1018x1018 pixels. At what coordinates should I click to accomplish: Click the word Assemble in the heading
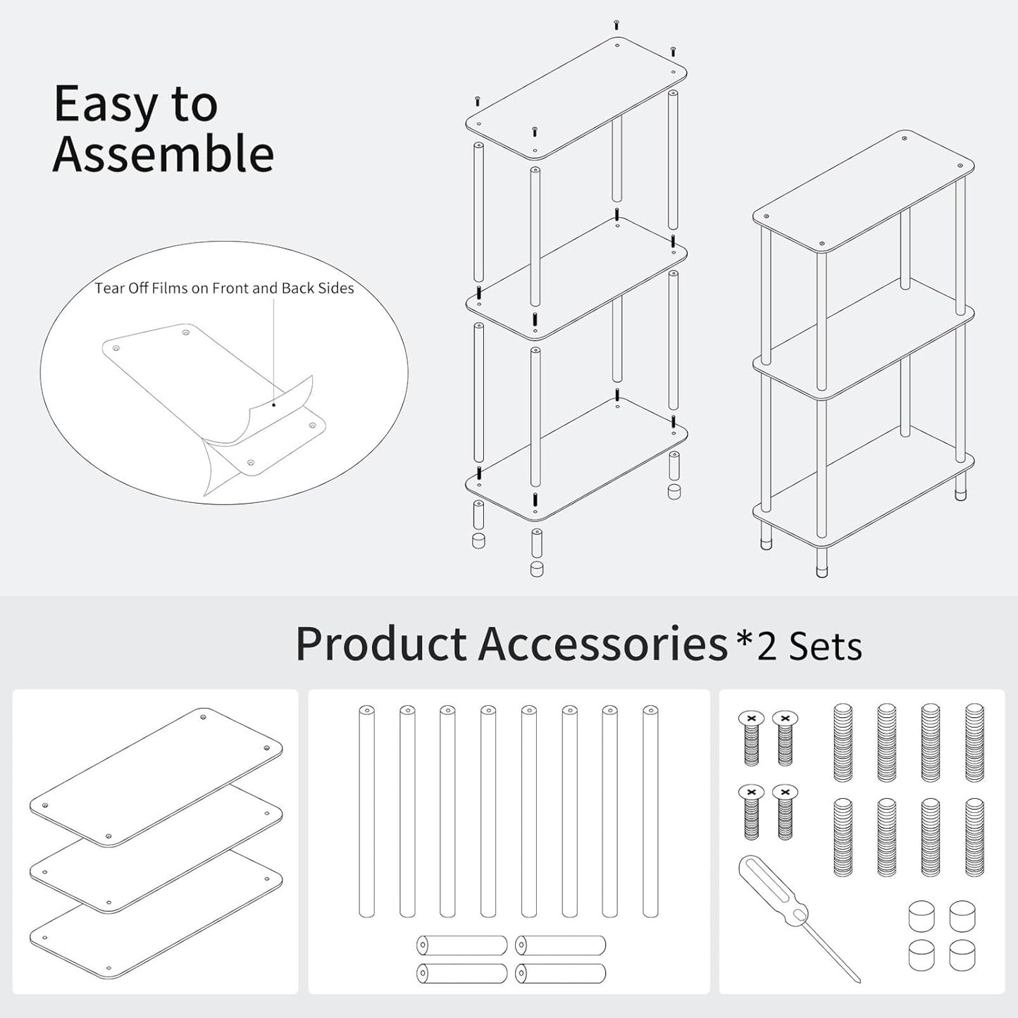(163, 154)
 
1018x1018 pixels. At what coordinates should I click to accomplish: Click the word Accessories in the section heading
(603, 643)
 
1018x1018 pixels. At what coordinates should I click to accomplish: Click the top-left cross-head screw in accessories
(751, 737)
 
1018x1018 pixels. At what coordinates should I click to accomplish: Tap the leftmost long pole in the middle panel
(366, 810)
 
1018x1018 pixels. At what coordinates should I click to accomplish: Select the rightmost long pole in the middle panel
(650, 810)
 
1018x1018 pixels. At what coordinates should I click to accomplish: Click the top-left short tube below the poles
(461, 945)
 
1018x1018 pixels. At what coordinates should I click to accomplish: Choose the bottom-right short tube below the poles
(560, 974)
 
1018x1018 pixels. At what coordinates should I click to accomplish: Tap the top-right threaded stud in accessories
(974, 742)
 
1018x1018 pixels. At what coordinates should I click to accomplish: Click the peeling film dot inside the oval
(273, 404)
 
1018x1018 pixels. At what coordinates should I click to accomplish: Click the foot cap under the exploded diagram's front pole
(537, 568)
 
